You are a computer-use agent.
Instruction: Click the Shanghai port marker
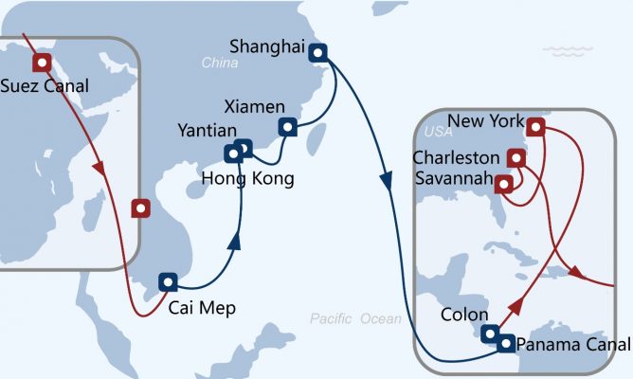[x=318, y=53]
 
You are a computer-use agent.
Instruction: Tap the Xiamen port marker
[x=286, y=127]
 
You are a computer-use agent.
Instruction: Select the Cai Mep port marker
[x=167, y=281]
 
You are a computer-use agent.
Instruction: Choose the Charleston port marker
[x=516, y=157]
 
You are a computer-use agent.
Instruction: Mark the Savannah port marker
[x=505, y=182]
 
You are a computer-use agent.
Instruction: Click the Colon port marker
[x=489, y=334]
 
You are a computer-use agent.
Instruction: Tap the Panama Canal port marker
[x=507, y=343]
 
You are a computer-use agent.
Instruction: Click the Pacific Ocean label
[x=355, y=319]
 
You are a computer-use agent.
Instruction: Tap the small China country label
[x=220, y=63]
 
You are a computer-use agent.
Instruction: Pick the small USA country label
[x=439, y=131]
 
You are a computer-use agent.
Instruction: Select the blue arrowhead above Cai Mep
[x=233, y=243]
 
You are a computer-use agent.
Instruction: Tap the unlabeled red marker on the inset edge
[x=140, y=208]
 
